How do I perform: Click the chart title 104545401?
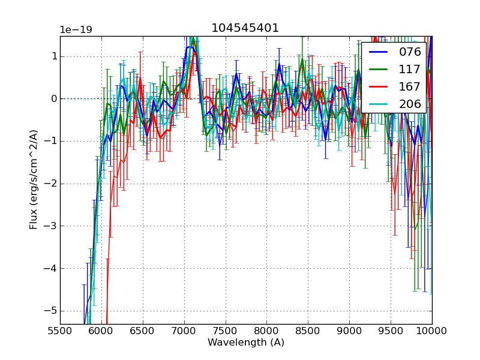tap(245, 28)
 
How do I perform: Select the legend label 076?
tap(410, 52)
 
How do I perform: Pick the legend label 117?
tap(410, 69)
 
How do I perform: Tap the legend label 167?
tap(410, 86)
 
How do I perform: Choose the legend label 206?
tap(410, 104)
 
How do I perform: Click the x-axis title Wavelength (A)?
tap(246, 343)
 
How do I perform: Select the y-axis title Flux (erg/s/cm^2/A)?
tap(34, 179)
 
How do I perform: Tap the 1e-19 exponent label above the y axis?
tap(76, 30)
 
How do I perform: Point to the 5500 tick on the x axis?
tap(60, 330)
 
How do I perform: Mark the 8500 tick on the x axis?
tap(308, 330)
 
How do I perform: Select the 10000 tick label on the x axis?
tap(432, 330)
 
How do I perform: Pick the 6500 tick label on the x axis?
tap(143, 330)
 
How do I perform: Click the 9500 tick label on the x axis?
tap(391, 330)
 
